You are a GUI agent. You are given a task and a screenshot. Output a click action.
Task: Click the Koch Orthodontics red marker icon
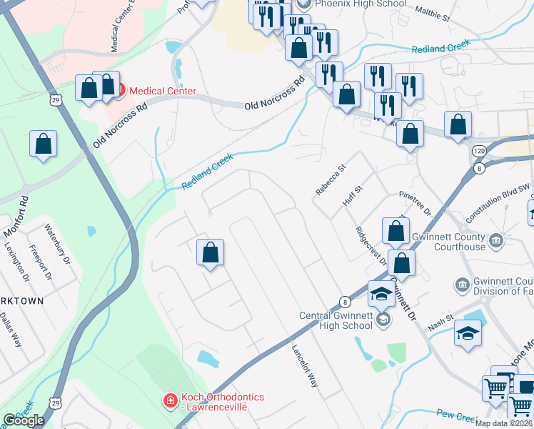[170, 400]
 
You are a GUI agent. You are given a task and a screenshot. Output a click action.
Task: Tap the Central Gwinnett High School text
[336, 320]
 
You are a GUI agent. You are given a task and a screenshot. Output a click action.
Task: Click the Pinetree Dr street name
[416, 202]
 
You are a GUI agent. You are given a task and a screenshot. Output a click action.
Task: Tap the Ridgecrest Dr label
[371, 247]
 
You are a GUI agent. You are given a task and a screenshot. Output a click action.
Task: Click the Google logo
[24, 420]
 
